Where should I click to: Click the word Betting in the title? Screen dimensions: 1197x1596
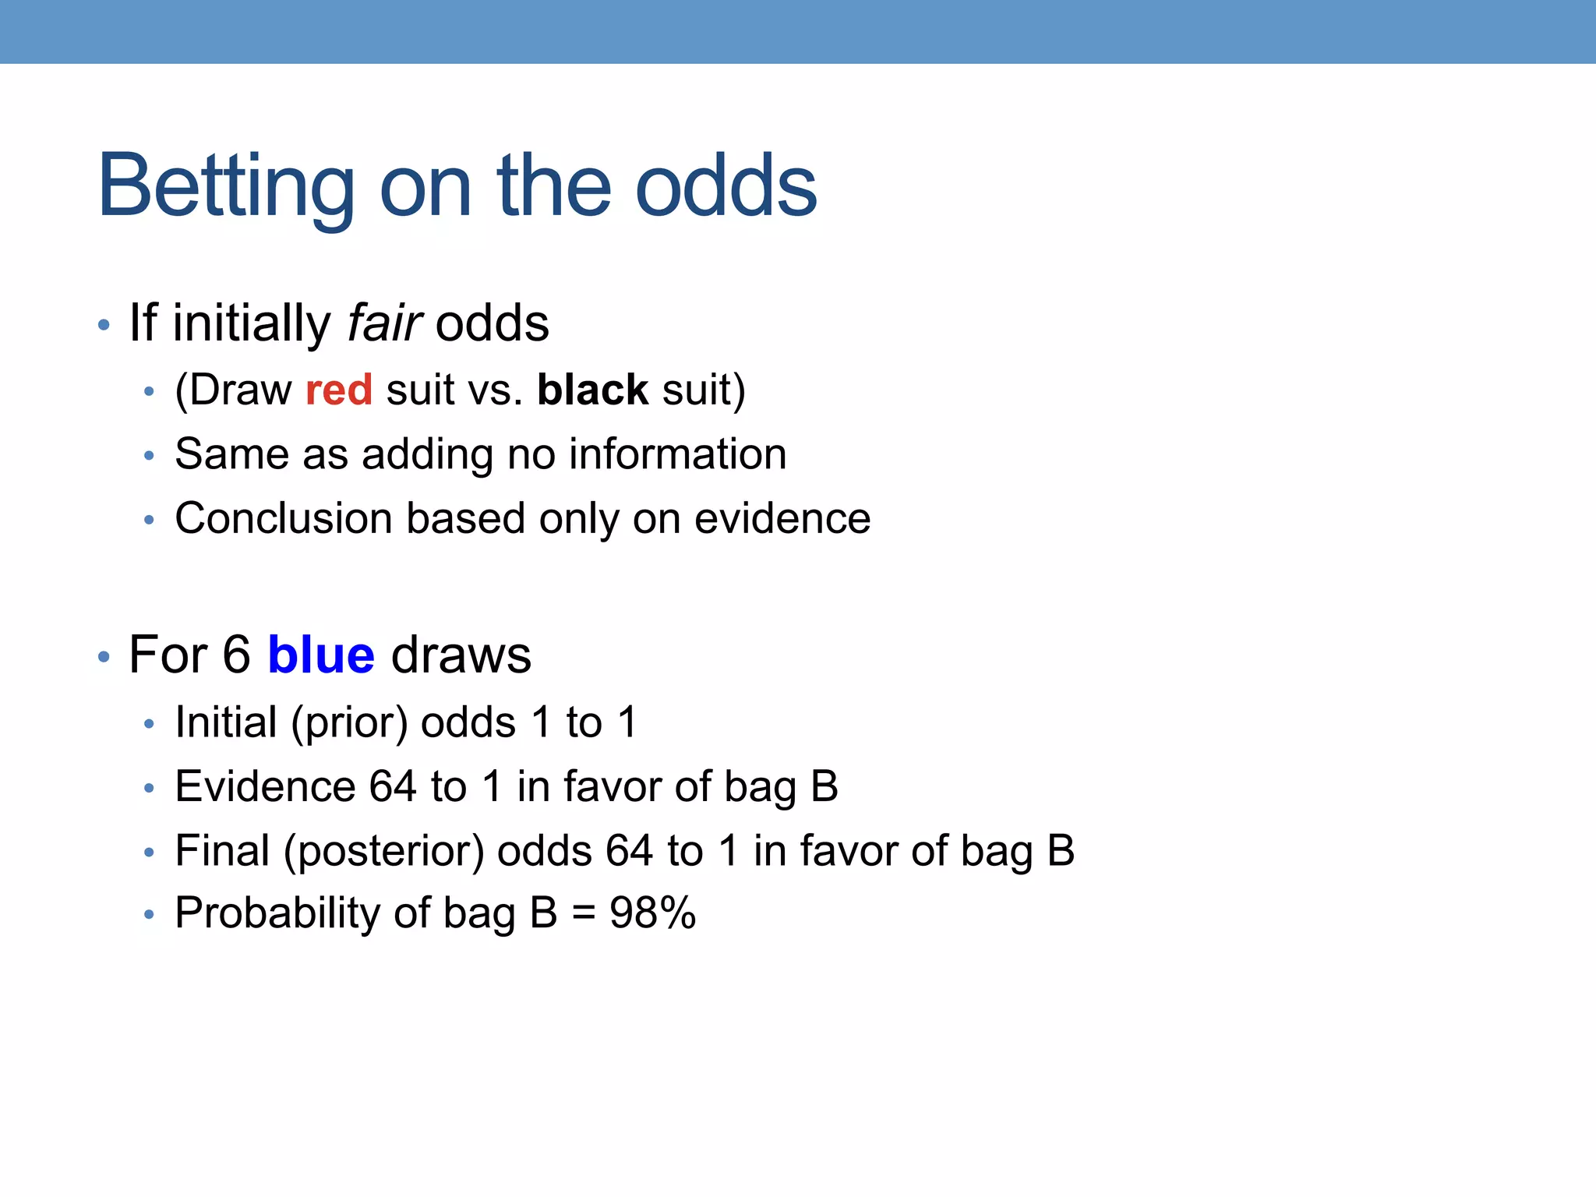(226, 187)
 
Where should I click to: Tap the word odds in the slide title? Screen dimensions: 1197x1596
(726, 187)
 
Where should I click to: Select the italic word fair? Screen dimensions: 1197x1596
(384, 323)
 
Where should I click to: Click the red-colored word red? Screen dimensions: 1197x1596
(339, 390)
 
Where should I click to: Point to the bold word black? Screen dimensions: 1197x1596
(592, 390)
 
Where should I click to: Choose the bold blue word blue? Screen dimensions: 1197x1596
(321, 655)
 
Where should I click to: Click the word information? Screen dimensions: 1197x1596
(677, 454)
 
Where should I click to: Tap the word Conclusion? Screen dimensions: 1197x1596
(283, 518)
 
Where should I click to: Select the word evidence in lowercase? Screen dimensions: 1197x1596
(782, 518)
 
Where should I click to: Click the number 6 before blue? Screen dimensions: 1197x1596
(236, 655)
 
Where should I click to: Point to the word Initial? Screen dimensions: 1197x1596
(226, 722)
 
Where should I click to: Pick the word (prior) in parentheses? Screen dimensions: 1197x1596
(349, 723)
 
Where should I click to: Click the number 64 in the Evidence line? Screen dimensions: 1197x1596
(393, 786)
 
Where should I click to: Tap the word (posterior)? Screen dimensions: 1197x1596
(384, 851)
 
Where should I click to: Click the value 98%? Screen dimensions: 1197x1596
(652, 913)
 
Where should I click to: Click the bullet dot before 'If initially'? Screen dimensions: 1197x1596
(104, 325)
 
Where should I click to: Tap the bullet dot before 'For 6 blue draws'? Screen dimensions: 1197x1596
(104, 657)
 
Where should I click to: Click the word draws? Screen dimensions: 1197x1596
(461, 655)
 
